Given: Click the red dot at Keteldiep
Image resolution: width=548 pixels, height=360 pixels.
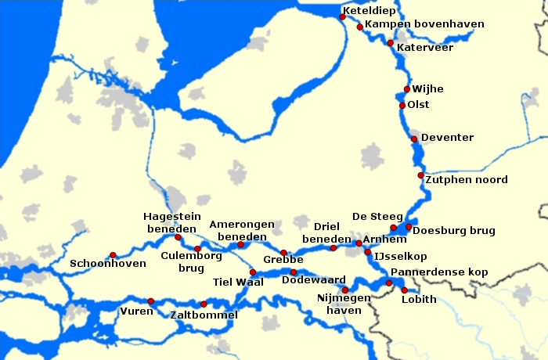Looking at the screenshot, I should click(x=342, y=16).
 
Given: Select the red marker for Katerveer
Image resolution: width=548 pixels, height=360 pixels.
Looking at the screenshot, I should click(x=390, y=42).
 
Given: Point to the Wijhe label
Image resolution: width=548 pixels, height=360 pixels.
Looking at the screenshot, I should click(x=427, y=89).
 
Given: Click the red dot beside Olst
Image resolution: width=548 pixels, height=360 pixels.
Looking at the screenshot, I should click(x=402, y=105).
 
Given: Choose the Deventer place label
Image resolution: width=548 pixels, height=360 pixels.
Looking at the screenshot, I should click(x=447, y=138).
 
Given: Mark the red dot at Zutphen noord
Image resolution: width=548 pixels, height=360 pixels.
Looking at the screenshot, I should click(x=421, y=175).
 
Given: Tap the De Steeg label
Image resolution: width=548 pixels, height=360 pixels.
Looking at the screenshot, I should click(x=377, y=216).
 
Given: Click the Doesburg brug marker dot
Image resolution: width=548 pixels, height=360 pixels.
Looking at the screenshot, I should click(x=409, y=227).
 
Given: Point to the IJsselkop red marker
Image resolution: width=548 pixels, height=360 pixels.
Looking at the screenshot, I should click(x=368, y=252).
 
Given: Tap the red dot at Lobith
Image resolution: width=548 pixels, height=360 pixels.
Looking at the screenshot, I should click(x=405, y=290).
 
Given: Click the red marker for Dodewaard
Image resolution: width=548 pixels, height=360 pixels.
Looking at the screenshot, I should click(x=294, y=272).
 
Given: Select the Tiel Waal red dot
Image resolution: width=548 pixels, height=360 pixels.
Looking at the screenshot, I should click(x=252, y=272).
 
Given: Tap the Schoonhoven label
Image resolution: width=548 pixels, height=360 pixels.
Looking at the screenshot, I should click(x=108, y=264).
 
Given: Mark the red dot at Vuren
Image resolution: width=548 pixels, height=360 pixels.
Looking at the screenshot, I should click(x=150, y=301).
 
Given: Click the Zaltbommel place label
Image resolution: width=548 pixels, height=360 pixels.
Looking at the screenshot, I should click(x=204, y=315).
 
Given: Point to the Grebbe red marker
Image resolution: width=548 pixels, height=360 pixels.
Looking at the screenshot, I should click(x=283, y=253).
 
